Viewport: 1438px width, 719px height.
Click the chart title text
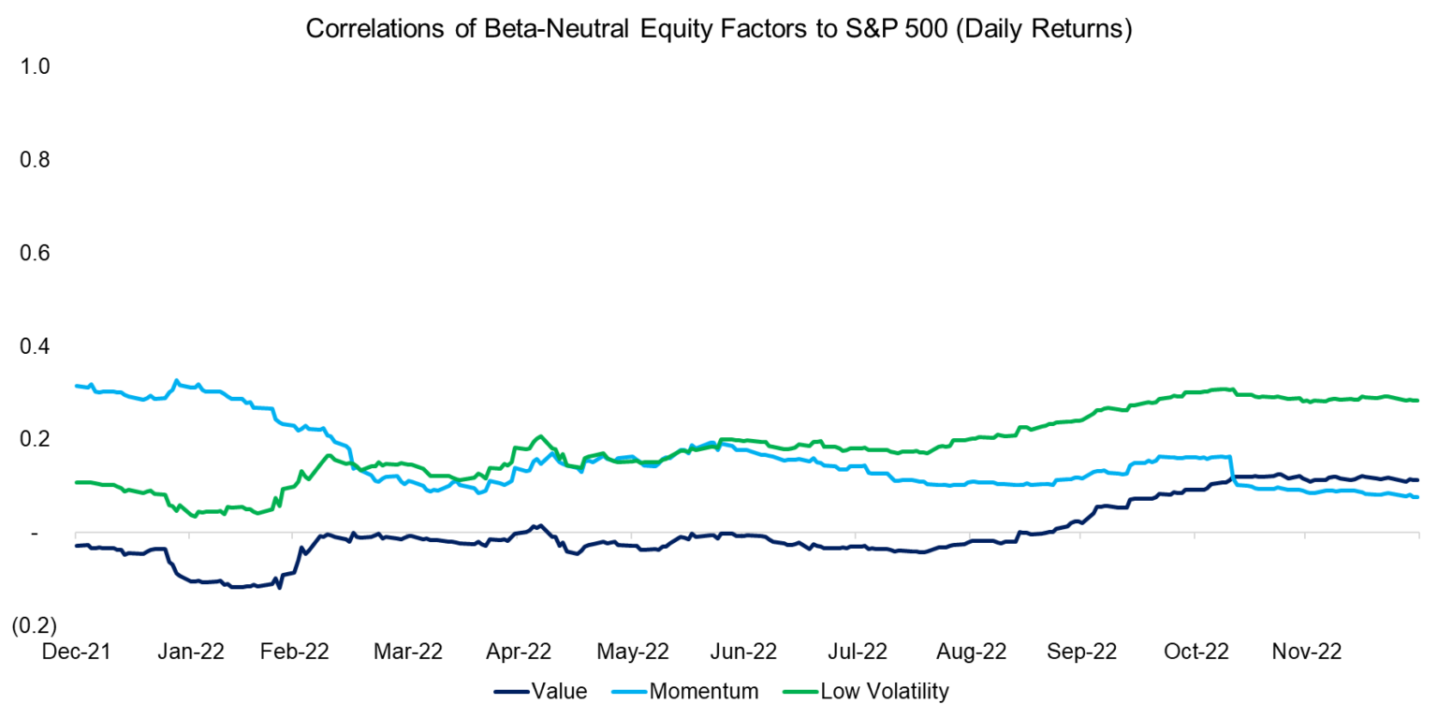[x=718, y=29]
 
